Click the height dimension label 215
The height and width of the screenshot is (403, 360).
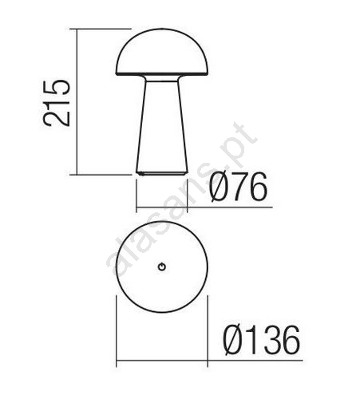point(57,103)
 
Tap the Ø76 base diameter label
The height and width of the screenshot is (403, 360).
point(238,187)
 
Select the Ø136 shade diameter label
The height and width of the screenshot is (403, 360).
point(261,340)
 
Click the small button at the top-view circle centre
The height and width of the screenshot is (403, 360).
point(162,267)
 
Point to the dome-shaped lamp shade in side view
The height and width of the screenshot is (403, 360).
point(162,52)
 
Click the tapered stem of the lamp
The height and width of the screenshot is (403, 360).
point(162,126)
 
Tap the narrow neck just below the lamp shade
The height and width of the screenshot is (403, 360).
point(162,78)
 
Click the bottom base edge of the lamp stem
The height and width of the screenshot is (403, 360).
point(162,173)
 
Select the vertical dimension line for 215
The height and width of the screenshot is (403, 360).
point(77,101)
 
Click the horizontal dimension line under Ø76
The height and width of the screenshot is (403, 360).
point(204,207)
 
